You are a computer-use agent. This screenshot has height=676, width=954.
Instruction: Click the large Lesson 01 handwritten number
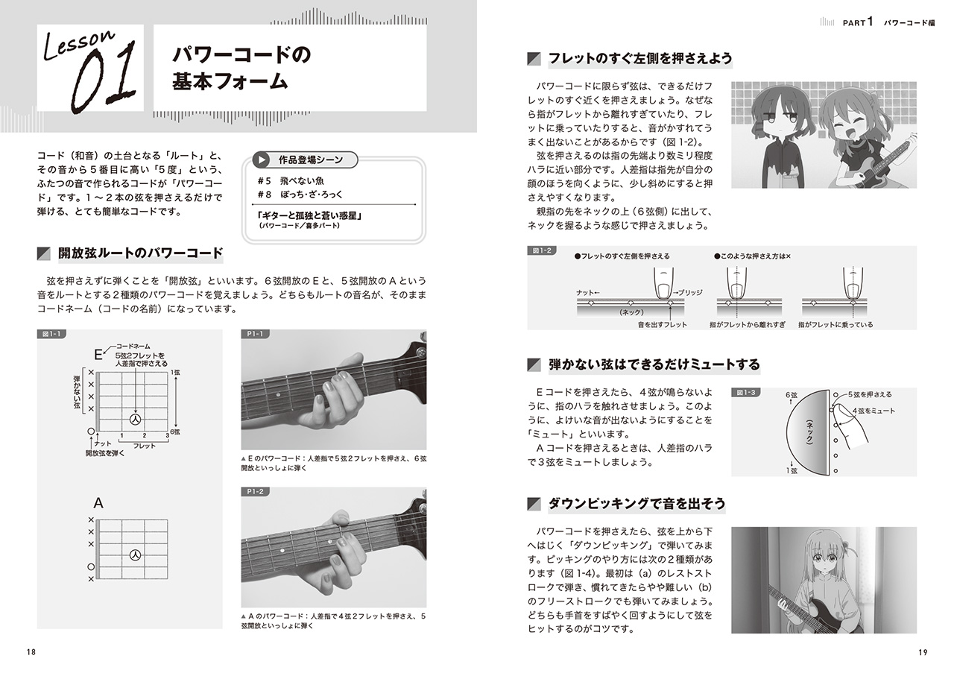[104, 78]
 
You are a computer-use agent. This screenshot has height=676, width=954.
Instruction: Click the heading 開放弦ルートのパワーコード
[140, 254]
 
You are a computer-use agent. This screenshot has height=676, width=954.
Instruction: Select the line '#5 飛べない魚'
[291, 181]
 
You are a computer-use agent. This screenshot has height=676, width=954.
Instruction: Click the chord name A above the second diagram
[98, 503]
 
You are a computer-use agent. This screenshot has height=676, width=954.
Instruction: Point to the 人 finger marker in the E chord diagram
[135, 419]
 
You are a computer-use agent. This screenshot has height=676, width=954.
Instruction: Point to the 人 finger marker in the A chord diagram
[135, 555]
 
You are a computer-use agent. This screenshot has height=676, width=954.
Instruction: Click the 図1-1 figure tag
[51, 334]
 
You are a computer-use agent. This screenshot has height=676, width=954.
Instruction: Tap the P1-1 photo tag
[255, 334]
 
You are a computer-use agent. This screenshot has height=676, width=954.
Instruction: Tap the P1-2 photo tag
[255, 492]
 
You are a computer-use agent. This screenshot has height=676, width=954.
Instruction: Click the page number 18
[31, 652]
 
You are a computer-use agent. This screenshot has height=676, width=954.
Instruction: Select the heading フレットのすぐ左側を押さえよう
[639, 59]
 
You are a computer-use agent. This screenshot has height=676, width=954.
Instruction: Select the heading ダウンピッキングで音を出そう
[636, 505]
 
